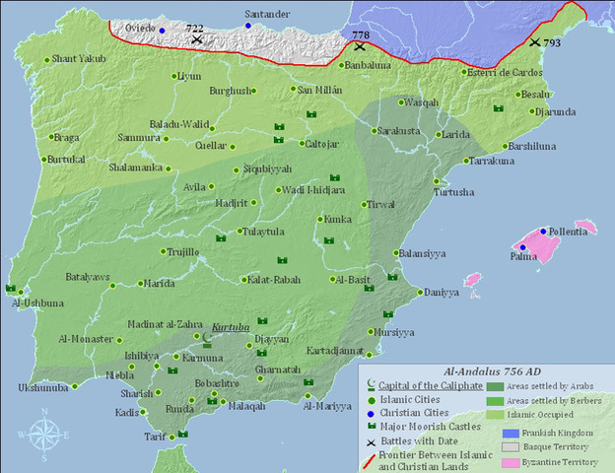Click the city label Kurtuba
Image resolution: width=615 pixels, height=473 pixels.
point(232,326)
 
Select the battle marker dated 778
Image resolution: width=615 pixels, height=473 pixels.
point(361,44)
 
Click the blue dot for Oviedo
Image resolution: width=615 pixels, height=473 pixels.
point(163,31)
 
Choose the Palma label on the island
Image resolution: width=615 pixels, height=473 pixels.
point(523,257)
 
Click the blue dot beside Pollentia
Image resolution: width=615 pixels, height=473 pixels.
point(543,231)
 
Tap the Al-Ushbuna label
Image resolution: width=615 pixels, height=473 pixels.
point(38,303)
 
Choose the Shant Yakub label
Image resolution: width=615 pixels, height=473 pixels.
point(79,59)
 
